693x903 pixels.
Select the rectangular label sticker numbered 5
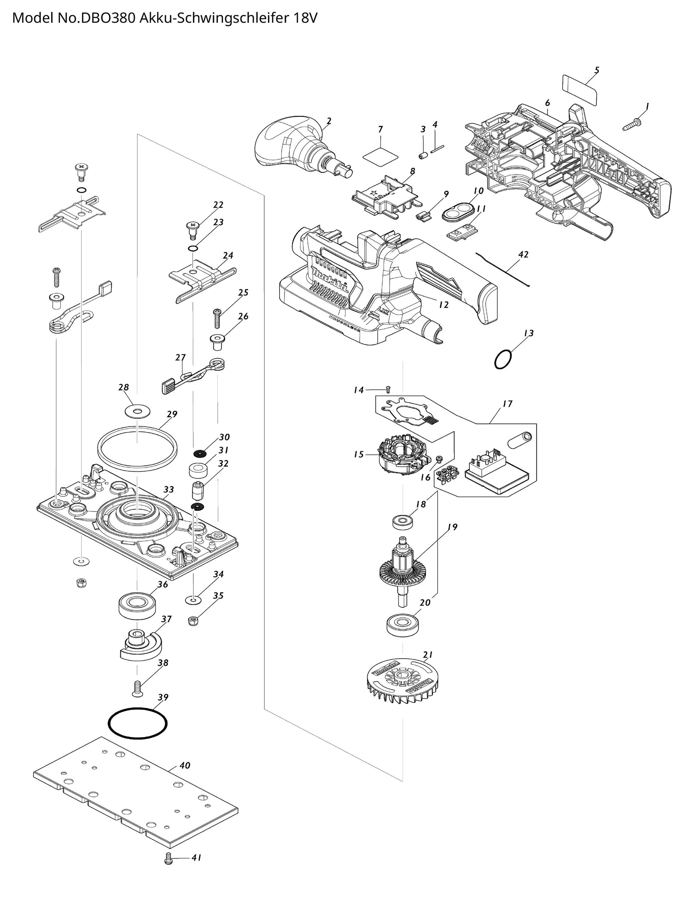point(579,90)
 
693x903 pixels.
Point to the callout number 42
point(523,255)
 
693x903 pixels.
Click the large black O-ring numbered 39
point(138,723)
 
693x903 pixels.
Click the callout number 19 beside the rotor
point(453,527)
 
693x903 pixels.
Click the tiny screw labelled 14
point(388,389)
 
